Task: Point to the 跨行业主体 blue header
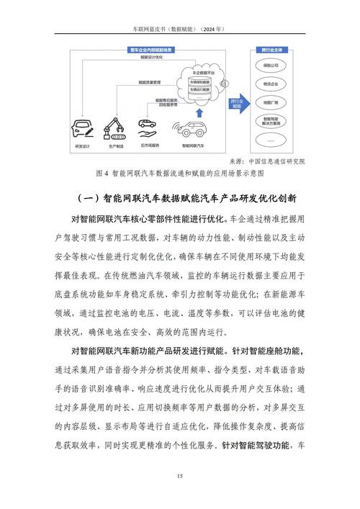click(x=268, y=50)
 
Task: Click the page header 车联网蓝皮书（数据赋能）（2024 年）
click(x=180, y=29)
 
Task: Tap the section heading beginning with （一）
click(x=180, y=197)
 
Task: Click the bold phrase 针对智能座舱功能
click(x=267, y=352)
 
